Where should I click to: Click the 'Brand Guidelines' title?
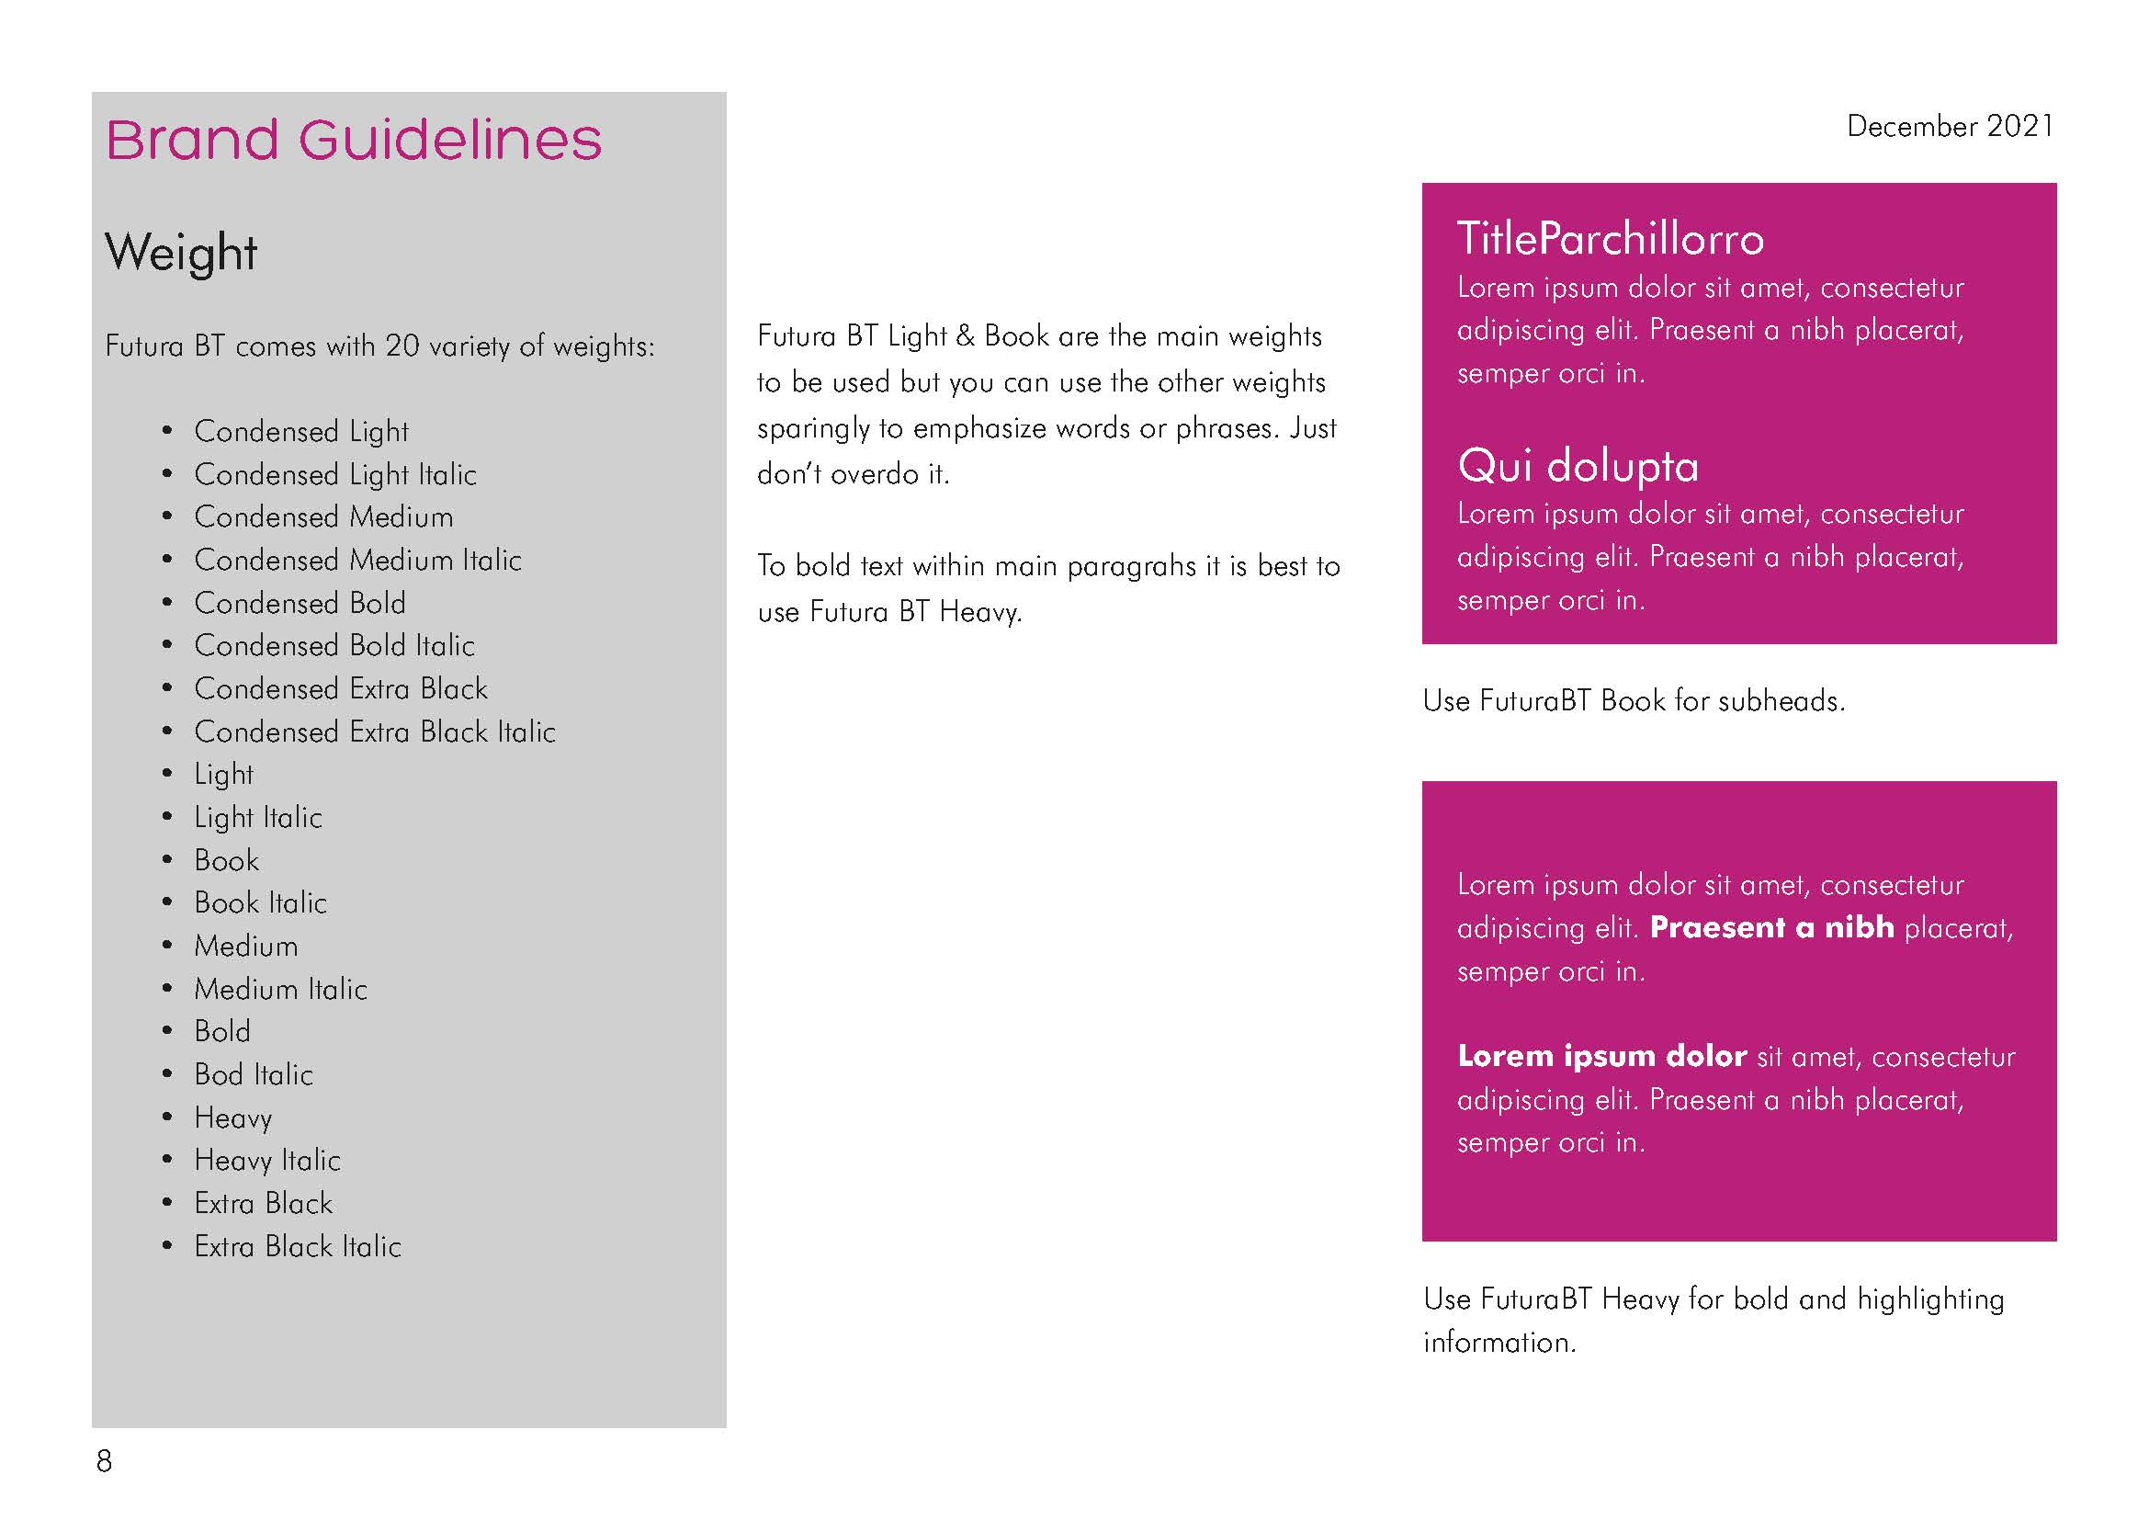[x=354, y=141]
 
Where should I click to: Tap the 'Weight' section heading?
[x=181, y=253]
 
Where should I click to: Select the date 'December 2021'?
[x=1950, y=126]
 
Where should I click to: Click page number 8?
[x=104, y=1461]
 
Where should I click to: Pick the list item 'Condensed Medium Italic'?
[x=357, y=560]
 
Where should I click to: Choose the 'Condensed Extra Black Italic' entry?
[x=374, y=731]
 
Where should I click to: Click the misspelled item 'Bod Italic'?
[x=254, y=1074]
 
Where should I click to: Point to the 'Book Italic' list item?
[x=260, y=902]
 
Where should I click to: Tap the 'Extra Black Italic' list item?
[x=298, y=1246]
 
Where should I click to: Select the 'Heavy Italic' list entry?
[x=266, y=1161]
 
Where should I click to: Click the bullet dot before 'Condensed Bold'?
[x=167, y=603]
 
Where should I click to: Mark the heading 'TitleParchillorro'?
[x=1610, y=239]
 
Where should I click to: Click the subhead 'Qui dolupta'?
[x=1578, y=465]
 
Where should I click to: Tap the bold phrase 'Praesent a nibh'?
[x=1770, y=927]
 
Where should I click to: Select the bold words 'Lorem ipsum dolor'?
[x=1601, y=1056]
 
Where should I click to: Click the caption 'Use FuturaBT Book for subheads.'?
[x=1634, y=700]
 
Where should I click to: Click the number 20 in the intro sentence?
[x=402, y=346]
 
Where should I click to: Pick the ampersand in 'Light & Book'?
[x=965, y=336]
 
